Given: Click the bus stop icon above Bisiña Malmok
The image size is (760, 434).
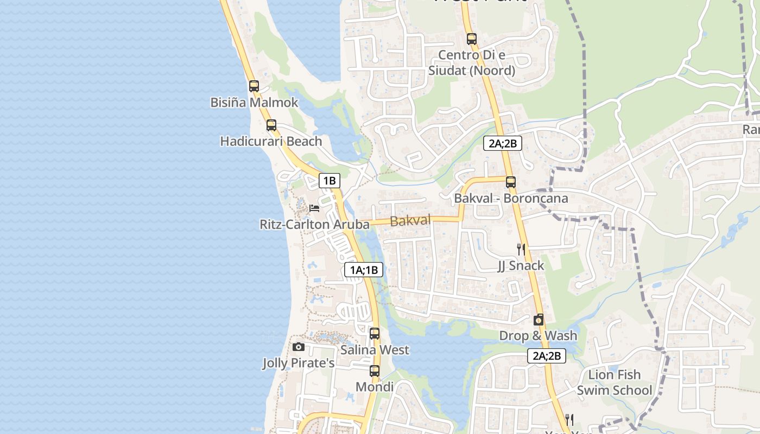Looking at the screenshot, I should (x=254, y=86).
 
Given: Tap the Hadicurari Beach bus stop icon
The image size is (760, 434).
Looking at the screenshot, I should (x=271, y=125).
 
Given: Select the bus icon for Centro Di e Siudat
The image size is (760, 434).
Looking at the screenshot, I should (x=472, y=39).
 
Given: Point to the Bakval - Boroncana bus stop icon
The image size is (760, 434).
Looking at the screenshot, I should (x=510, y=182).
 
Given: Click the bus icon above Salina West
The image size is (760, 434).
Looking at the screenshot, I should (x=375, y=334).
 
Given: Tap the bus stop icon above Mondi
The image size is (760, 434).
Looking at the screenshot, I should (x=375, y=371).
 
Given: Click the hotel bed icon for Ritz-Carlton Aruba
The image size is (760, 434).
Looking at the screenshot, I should (x=314, y=208).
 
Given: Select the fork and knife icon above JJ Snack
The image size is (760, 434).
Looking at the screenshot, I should (x=521, y=249).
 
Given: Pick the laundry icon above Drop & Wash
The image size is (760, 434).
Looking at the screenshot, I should (x=539, y=320).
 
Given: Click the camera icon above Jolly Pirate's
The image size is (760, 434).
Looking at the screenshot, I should (x=298, y=347).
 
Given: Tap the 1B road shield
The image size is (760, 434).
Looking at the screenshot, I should (x=330, y=181).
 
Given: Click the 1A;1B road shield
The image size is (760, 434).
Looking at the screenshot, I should (x=364, y=270).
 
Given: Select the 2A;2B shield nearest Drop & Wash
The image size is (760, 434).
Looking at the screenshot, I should (x=547, y=356).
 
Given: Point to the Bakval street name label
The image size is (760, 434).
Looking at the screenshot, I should (x=410, y=220).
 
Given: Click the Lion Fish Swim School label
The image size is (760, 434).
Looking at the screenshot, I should (x=615, y=382).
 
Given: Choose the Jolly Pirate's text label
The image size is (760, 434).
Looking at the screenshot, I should (x=299, y=363).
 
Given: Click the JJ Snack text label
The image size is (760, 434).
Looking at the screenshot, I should (x=521, y=265).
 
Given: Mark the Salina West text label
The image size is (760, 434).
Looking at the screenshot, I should (x=375, y=350).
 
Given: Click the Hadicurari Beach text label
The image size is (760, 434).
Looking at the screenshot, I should (x=271, y=142).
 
